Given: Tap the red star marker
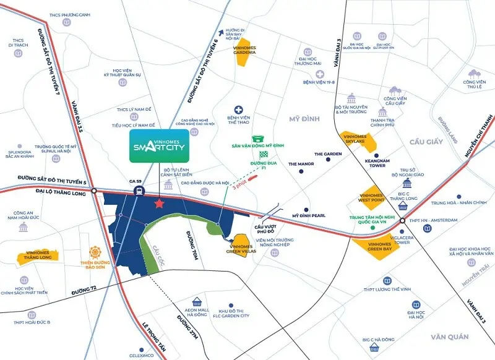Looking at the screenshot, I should (160, 203).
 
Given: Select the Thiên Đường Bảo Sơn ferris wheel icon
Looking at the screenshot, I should (95, 253).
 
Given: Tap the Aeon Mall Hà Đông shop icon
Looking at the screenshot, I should (197, 302).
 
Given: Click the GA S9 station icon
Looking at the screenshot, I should (136, 191).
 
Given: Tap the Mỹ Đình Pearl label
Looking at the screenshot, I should (309, 215).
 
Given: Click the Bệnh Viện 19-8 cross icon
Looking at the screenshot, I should (321, 74).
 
